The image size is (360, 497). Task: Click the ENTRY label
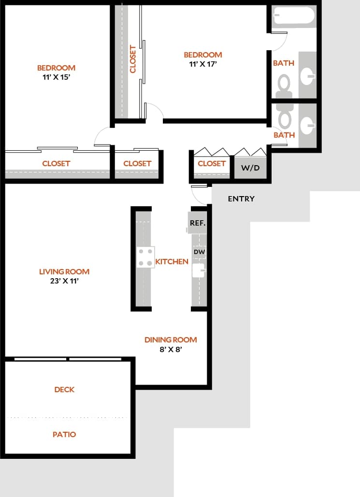[241, 199]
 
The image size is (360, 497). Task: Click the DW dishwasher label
[199, 252]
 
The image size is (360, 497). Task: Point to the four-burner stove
[145, 257]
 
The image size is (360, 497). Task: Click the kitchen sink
[199, 270]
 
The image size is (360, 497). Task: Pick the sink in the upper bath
[307, 75]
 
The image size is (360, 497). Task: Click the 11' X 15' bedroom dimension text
[57, 77]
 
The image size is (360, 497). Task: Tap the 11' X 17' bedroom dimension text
[202, 64]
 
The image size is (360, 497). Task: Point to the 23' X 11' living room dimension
[64, 281]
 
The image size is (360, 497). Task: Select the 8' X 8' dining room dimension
[171, 349]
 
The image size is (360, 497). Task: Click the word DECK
[64, 389]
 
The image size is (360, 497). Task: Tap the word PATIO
[64, 434]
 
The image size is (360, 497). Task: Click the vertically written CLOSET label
[133, 59]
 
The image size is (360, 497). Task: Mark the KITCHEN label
[172, 262]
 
